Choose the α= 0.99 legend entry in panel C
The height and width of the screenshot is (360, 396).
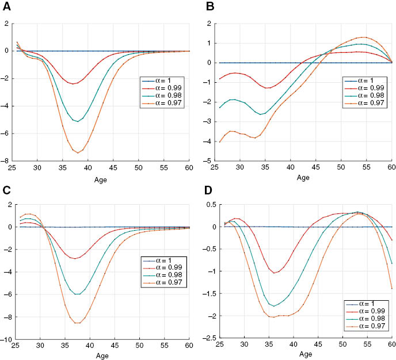pos(163,267)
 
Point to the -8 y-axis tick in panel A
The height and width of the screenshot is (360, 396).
pos(7,162)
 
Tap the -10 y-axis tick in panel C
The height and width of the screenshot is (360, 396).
pos(6,340)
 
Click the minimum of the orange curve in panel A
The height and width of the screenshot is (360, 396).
pos(78,152)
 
